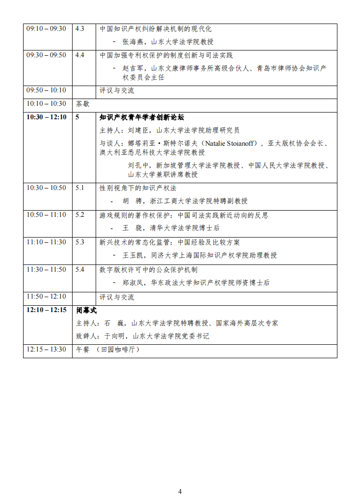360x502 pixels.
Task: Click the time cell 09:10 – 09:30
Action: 46,28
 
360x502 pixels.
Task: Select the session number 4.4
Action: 80,55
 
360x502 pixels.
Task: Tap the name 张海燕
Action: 133,42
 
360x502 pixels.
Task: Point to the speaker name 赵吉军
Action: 133,68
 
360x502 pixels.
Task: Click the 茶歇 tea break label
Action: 83,103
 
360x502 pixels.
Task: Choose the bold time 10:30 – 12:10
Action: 46,117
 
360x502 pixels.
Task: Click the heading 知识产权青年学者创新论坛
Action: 142,117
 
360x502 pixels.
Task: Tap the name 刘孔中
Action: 138,165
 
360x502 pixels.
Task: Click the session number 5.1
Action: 80,188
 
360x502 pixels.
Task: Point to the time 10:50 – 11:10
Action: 46,214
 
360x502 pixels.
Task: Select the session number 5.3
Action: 80,242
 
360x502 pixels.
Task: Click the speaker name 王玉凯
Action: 133,255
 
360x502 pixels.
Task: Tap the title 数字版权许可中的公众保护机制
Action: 149,270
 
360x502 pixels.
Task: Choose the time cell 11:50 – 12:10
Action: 46,296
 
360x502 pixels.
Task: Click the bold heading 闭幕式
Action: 87,310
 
